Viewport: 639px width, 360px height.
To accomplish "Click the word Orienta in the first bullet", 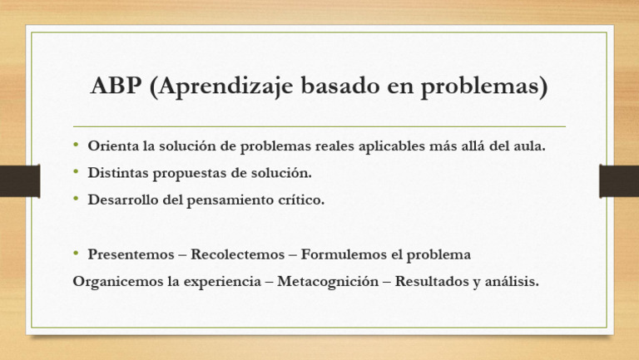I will [114, 146].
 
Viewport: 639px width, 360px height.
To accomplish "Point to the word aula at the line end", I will [529, 146].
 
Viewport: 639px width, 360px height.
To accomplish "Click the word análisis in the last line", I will [509, 281].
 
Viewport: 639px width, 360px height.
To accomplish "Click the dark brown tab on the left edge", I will [19, 180].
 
